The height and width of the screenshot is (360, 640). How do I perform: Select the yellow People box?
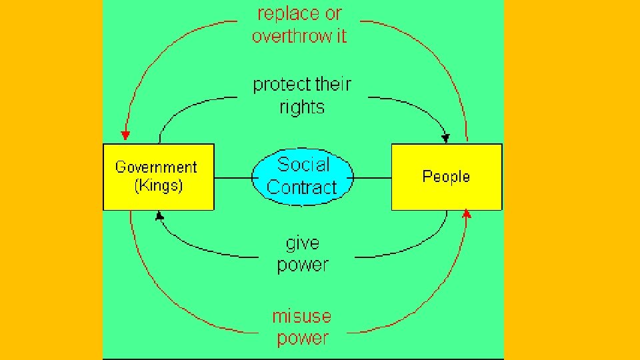point(446,177)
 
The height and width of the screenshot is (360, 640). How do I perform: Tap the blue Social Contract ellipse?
point(303,176)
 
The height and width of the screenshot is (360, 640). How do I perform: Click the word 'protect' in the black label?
point(282,85)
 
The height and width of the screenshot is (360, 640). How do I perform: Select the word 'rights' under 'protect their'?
point(302,107)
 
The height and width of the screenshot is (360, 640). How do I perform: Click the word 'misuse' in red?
point(302,315)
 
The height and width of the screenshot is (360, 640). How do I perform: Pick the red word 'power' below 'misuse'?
point(303,338)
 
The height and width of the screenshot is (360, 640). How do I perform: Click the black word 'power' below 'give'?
point(303,265)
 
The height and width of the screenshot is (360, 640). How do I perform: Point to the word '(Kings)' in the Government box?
point(158,186)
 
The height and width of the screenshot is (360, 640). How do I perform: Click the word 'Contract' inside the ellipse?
point(302,187)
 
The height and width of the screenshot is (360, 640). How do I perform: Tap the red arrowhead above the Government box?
point(125,136)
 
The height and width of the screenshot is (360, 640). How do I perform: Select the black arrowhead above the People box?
point(445,138)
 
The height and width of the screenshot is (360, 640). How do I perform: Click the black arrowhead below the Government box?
point(159,215)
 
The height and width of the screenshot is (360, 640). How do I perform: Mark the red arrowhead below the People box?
point(467,214)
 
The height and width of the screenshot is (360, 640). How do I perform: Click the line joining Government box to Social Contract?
point(233,178)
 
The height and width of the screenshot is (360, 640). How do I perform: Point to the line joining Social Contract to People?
point(372,178)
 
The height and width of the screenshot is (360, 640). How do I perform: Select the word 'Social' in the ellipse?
point(303,164)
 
